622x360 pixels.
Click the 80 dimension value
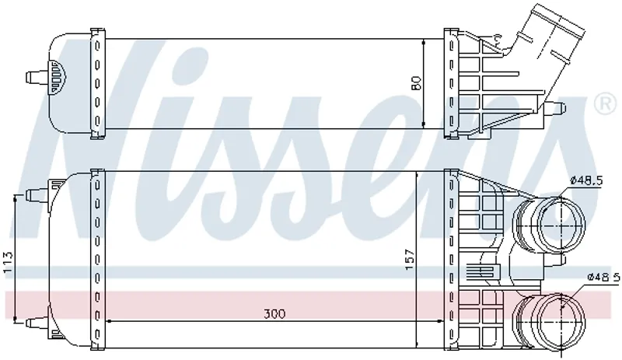[416, 83]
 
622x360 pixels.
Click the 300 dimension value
[274, 314]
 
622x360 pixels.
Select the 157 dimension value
[410, 260]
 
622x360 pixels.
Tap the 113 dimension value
[8, 263]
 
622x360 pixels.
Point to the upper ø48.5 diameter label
[586, 180]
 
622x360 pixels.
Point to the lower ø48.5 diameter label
[603, 277]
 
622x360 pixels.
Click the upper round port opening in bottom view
[561, 225]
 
